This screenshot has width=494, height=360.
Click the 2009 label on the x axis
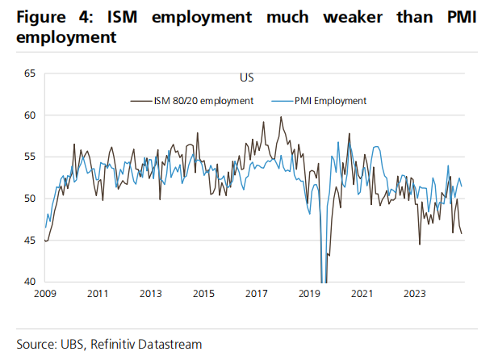tap(45, 294)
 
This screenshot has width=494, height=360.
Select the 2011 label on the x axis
tap(98, 294)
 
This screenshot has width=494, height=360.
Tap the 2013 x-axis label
tap(151, 294)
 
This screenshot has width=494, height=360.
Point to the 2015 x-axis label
tap(203, 294)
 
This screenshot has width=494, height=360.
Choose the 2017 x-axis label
tap(257, 294)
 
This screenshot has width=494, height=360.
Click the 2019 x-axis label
tap(309, 294)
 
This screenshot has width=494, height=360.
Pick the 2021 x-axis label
tap(362, 294)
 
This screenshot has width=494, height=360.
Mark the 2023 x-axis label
tap(415, 294)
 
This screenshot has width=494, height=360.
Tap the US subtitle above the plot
tap(246, 78)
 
